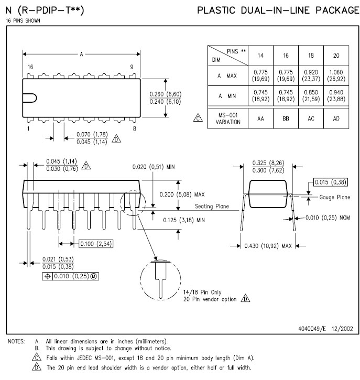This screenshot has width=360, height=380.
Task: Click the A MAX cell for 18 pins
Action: pos(311,75)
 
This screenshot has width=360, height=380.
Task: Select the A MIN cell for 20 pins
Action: pos(336,96)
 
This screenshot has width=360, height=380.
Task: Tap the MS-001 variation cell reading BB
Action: pos(286,118)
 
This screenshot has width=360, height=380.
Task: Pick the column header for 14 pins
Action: pos(260,56)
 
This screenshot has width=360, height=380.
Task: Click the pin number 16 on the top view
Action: pos(30,67)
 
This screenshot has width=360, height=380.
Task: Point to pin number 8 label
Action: pos(135,128)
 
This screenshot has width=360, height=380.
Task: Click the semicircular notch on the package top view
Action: pos(30,98)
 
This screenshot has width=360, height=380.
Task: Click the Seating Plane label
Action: pos(212,206)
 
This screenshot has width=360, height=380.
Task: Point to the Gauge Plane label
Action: pos(334,197)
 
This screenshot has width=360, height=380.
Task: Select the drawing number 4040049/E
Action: pos(312,329)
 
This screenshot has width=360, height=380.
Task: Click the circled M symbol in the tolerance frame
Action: pos(94,276)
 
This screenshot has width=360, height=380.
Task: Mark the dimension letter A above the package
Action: pos(81,55)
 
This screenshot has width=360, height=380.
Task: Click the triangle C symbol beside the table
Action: pos(198,118)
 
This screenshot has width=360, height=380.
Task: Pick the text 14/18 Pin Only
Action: pos(202,292)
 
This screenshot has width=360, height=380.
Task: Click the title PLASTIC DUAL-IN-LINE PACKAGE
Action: pos(278,10)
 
